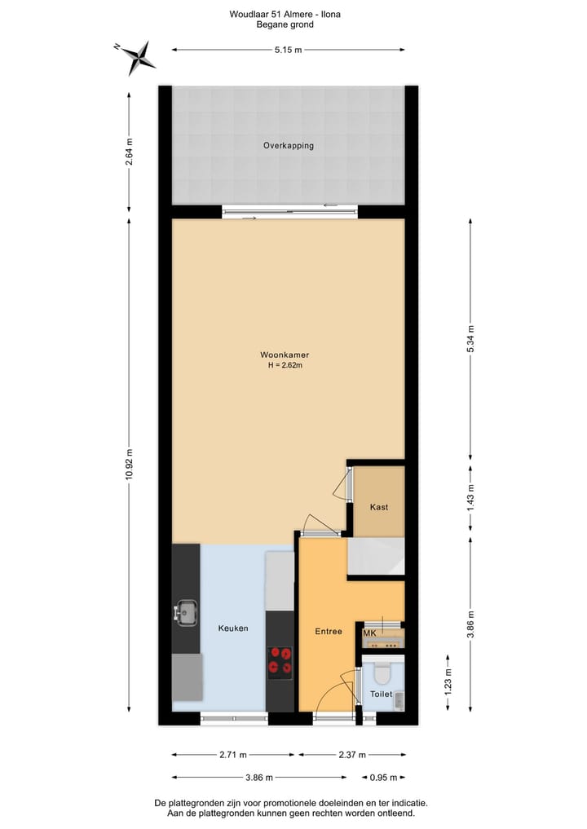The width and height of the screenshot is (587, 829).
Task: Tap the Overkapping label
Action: [288, 146]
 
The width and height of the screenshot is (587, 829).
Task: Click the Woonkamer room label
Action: [284, 355]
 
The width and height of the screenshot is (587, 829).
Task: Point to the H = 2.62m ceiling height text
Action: [285, 365]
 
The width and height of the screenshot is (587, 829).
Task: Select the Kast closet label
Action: [378, 507]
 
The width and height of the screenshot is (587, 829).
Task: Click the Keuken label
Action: [232, 628]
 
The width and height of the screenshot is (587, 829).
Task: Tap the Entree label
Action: [329, 632]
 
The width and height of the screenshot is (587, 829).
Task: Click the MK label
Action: [369, 633]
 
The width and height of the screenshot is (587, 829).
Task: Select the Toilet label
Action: [381, 695]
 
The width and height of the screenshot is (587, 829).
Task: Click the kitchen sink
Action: [187, 612]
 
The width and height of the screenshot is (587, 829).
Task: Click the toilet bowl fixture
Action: [382, 673]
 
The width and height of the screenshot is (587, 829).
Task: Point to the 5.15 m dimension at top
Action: [288, 51]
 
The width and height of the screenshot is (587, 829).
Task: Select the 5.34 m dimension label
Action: [470, 340]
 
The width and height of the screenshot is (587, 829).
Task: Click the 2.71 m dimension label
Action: [232, 754]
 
